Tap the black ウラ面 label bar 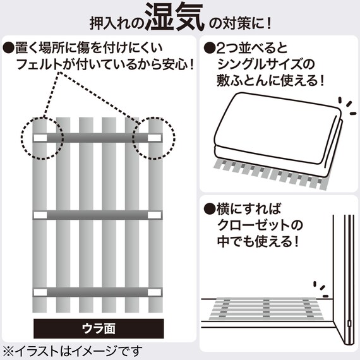click(99, 328)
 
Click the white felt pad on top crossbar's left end click(39, 137)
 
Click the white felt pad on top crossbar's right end click(155, 137)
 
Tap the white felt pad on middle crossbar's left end click(39, 216)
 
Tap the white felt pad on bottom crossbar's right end click(155, 292)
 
